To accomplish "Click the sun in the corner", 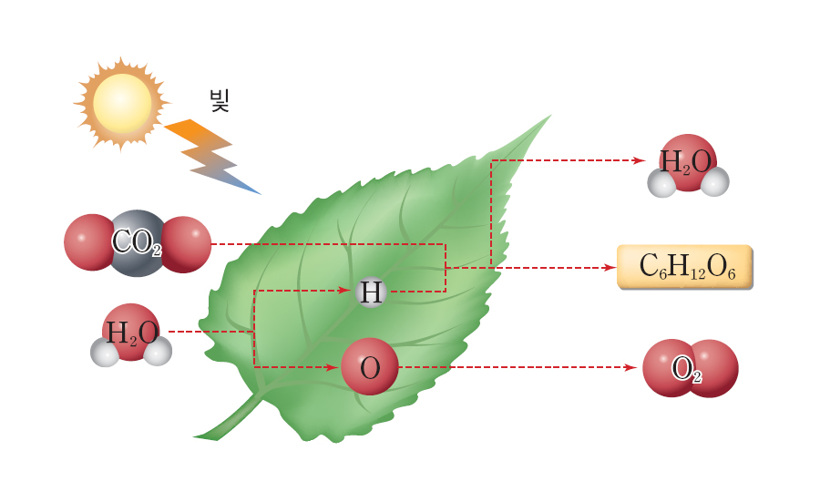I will (121, 103).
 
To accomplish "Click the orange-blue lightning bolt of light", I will (211, 156).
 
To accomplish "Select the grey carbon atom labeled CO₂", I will (138, 242).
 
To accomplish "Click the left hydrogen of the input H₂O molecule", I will (105, 353).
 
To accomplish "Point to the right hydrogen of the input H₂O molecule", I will (159, 352).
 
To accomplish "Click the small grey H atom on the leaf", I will (370, 292).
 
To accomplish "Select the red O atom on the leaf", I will (370, 367).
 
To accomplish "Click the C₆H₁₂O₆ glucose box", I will (685, 266).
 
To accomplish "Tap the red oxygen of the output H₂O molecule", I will (688, 160).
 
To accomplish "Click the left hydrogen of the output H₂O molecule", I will (661, 183).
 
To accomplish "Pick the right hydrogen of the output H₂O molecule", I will (715, 182).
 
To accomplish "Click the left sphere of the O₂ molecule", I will (669, 368).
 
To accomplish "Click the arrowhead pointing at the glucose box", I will (610, 268).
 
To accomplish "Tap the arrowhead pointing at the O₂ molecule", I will (630, 368).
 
